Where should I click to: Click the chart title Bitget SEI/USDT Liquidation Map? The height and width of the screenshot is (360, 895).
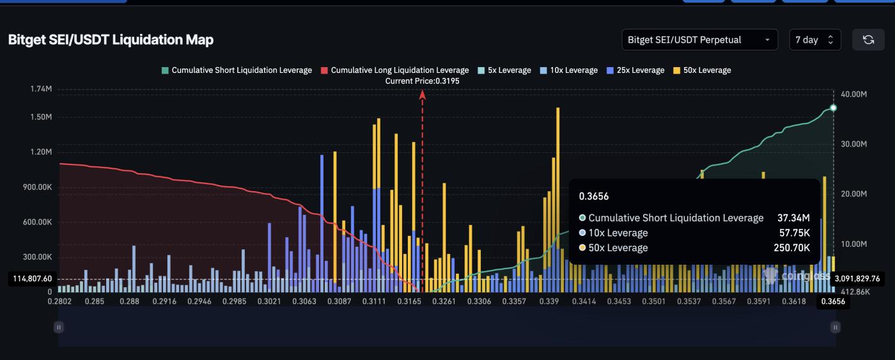point(111,40)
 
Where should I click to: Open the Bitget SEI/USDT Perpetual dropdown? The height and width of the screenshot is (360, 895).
point(699,40)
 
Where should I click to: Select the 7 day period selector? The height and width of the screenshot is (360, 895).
point(814,40)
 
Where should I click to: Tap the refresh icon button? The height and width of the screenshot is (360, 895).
point(868,40)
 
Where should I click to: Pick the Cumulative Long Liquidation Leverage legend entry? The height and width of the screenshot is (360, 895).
point(394,70)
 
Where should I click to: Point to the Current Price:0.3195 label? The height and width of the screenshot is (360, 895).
point(422,81)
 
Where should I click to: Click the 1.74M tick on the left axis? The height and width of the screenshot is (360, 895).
point(41,89)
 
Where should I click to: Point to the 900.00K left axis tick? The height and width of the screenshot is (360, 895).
point(36,187)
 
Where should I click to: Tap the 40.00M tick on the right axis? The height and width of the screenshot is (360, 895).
point(853,94)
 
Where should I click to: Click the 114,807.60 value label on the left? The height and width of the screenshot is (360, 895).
point(31,279)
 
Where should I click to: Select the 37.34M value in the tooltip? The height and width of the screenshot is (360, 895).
point(793,218)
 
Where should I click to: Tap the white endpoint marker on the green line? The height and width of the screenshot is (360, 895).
point(833,108)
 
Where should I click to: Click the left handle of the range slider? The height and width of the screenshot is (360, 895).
point(59,327)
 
